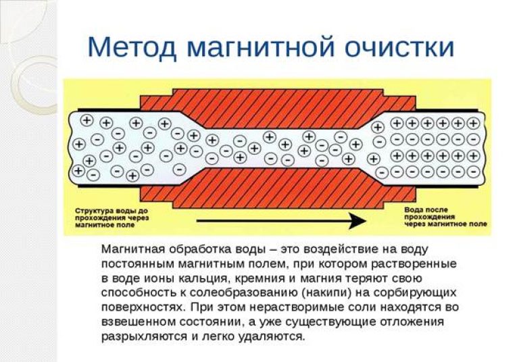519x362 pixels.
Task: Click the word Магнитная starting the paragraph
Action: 134,249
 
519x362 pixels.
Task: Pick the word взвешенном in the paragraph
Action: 142,321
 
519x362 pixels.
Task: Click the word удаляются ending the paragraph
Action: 272,336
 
